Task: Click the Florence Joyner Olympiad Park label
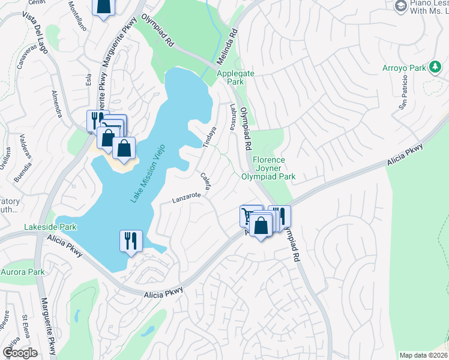268,169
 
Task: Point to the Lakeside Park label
50,227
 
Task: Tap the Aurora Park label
23,272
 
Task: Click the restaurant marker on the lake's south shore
131,241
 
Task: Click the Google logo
20,353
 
